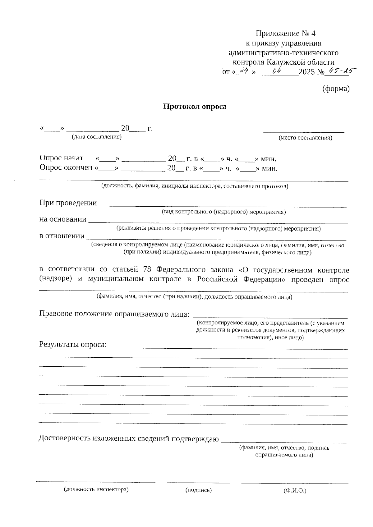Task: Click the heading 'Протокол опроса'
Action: tap(195, 107)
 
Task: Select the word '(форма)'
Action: tap(336, 89)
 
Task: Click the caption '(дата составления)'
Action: tap(97, 137)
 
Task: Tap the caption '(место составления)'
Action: tap(305, 138)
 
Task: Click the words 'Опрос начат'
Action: tap(61, 158)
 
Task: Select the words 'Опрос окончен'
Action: tap(66, 168)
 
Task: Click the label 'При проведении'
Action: tap(68, 203)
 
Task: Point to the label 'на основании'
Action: tap(63, 219)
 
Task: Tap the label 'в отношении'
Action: tap(62, 236)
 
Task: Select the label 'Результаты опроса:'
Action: tap(73, 345)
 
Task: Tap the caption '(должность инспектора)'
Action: tap(96, 489)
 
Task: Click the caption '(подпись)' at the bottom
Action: tap(198, 490)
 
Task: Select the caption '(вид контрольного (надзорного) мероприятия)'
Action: tap(223, 212)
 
